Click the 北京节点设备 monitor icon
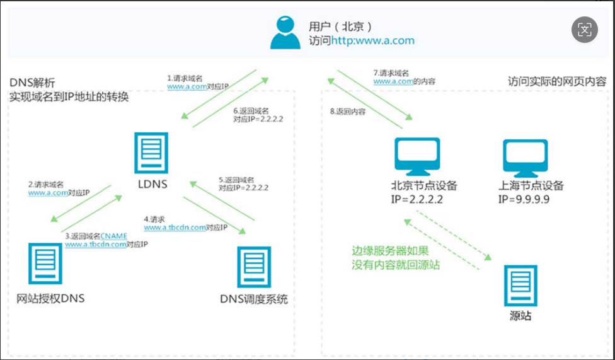click(x=417, y=158)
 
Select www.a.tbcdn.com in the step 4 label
click(x=174, y=228)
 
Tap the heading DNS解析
click(x=33, y=83)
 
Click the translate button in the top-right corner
click(x=585, y=29)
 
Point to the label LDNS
click(x=151, y=185)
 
